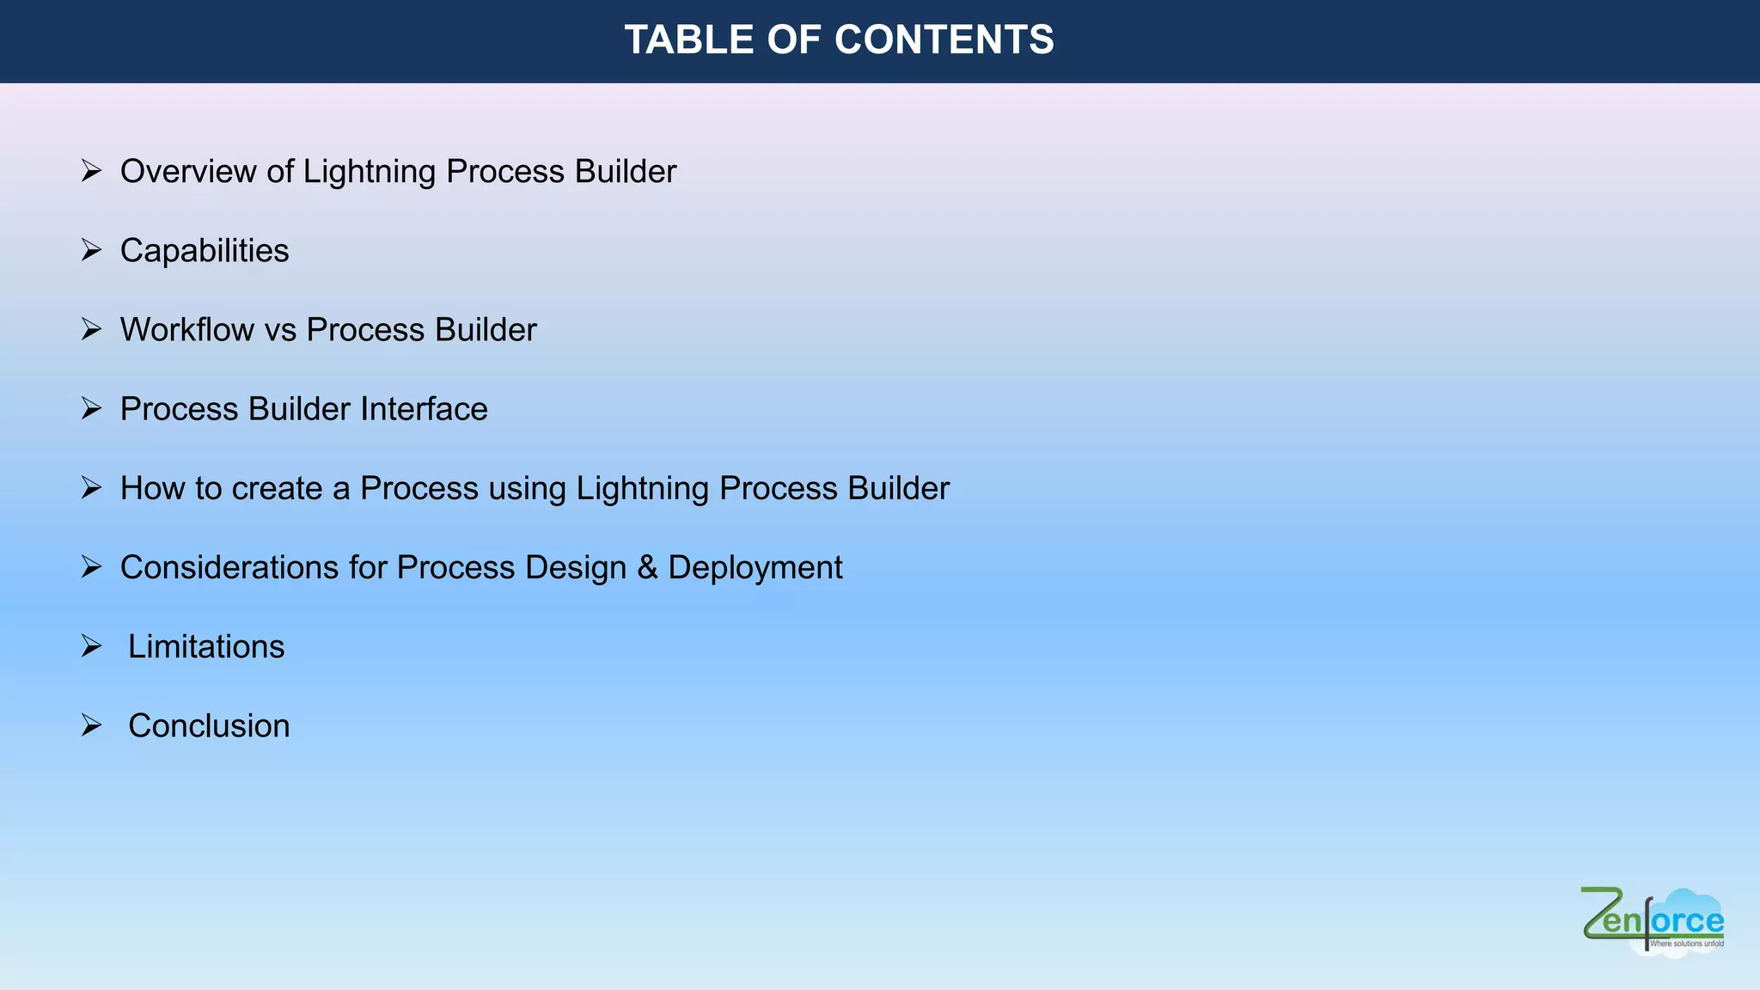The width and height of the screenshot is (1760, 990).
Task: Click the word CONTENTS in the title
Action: point(944,40)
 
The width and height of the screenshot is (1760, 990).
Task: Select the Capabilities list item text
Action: point(205,251)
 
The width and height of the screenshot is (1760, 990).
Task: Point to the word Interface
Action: point(424,409)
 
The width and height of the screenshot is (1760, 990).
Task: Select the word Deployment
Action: point(755,567)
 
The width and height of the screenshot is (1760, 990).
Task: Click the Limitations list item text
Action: point(206,646)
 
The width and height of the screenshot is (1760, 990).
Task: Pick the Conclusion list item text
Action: point(209,725)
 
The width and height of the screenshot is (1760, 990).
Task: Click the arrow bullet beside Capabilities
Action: point(91,250)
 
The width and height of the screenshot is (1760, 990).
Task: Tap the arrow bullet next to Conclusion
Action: point(91,725)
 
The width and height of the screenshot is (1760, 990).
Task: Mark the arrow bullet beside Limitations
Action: point(91,645)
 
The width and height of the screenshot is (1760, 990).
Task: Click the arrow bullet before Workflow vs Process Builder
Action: point(91,329)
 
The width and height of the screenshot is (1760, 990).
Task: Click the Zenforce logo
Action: point(1652,920)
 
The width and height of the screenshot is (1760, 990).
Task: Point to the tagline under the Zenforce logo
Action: point(1686,944)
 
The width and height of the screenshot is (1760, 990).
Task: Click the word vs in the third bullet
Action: point(279,330)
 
